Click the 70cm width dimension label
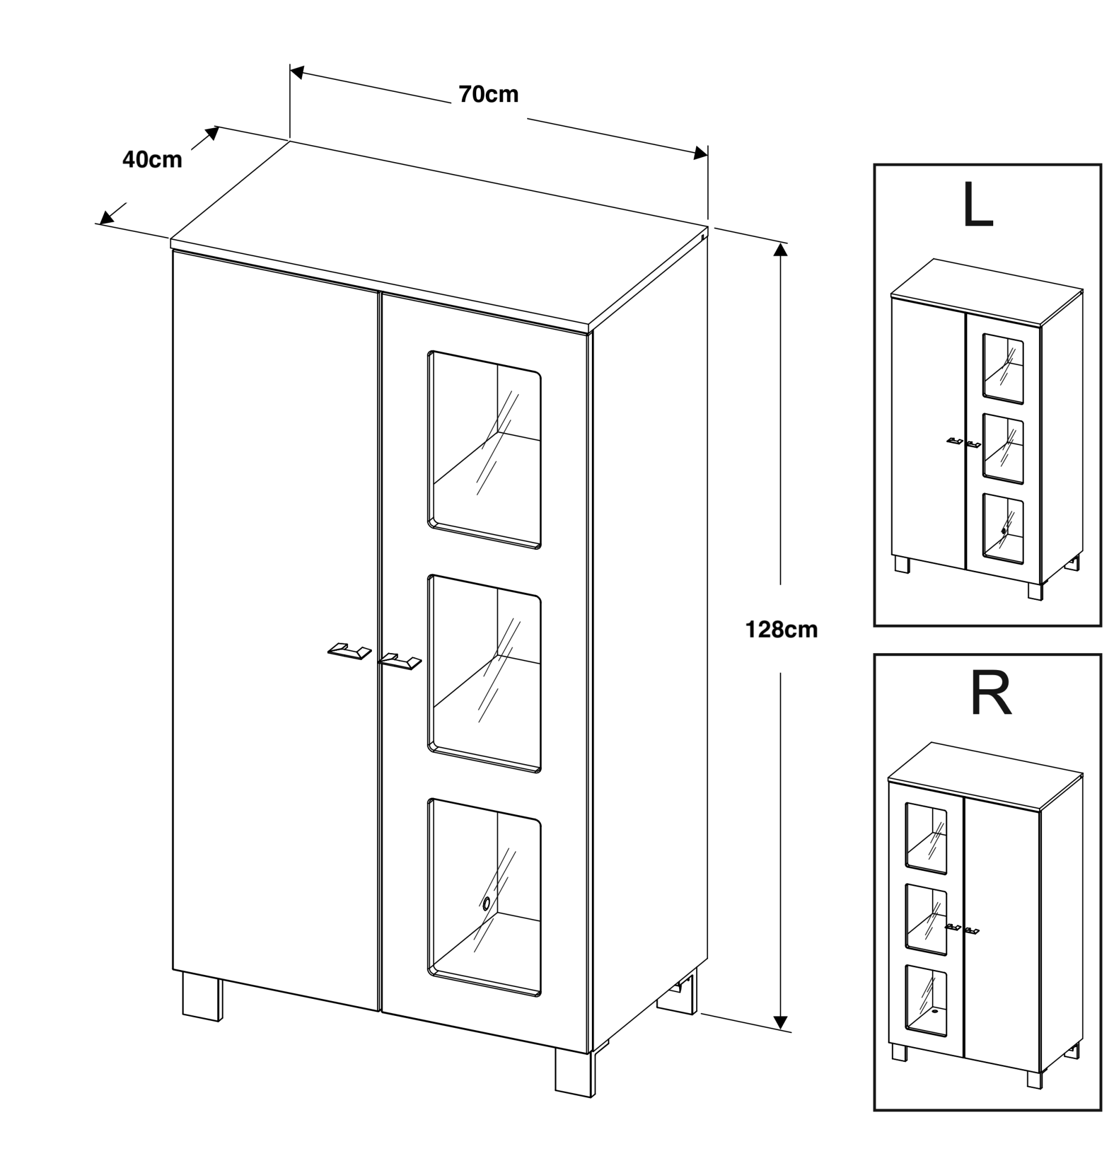[x=488, y=94]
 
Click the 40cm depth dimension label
[x=152, y=159]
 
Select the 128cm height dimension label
[x=781, y=629]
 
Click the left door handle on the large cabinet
[x=349, y=650]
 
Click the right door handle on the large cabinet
[x=400, y=661]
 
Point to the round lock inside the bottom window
[x=486, y=903]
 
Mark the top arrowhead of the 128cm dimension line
[x=781, y=249]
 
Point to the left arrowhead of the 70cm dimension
[x=297, y=72]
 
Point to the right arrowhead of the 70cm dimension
[x=701, y=154]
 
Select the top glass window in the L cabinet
[x=1003, y=369]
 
